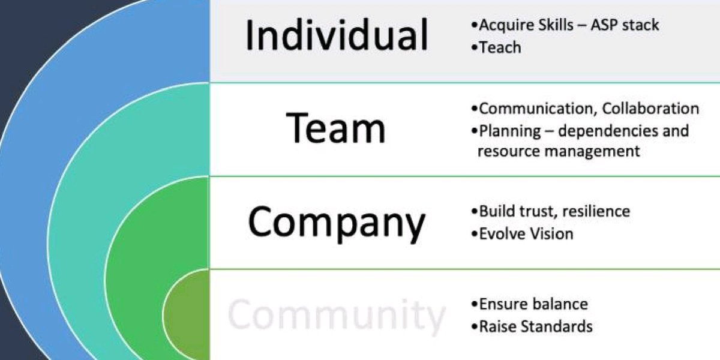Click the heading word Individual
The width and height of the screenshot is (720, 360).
[337, 35]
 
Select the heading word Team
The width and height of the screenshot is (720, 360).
[336, 127]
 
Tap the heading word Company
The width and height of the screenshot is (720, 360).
[337, 223]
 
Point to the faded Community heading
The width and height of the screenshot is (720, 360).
[337, 315]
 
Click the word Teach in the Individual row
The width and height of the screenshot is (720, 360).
[500, 47]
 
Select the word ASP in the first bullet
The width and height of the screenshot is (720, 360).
[608, 25]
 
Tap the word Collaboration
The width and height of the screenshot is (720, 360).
[651, 109]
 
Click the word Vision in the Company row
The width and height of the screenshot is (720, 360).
[550, 233]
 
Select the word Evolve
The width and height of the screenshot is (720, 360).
[500, 233]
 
